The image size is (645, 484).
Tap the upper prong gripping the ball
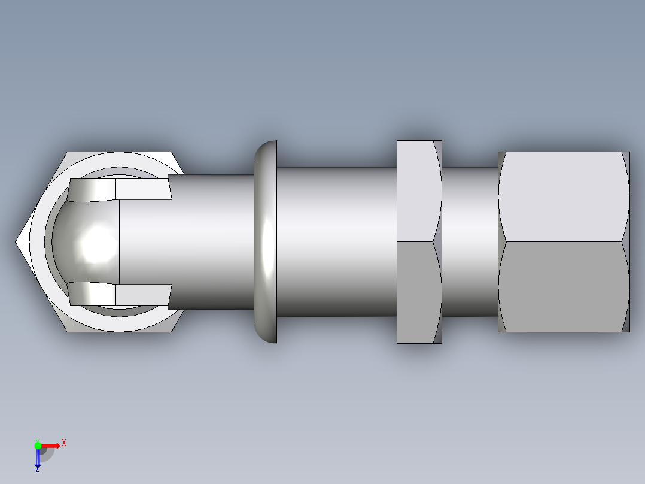[120, 189]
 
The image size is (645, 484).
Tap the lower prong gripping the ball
[120, 294]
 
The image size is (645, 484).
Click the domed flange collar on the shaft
[265, 242]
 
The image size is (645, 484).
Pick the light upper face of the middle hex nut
[416, 192]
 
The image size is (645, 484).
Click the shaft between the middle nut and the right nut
[470, 242]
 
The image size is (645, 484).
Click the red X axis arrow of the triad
[51, 445]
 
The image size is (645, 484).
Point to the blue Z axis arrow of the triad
[38, 458]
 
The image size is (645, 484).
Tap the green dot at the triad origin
[38, 445]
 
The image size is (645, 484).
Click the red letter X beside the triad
[63, 443]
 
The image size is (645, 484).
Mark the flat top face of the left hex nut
[120, 156]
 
